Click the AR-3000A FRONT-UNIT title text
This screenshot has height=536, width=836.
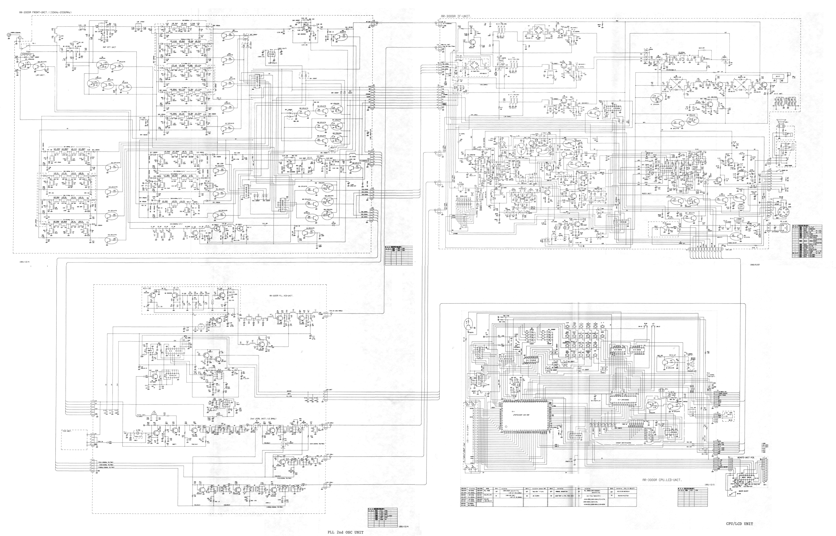(45, 12)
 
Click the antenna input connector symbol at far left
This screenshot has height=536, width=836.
(8, 35)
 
